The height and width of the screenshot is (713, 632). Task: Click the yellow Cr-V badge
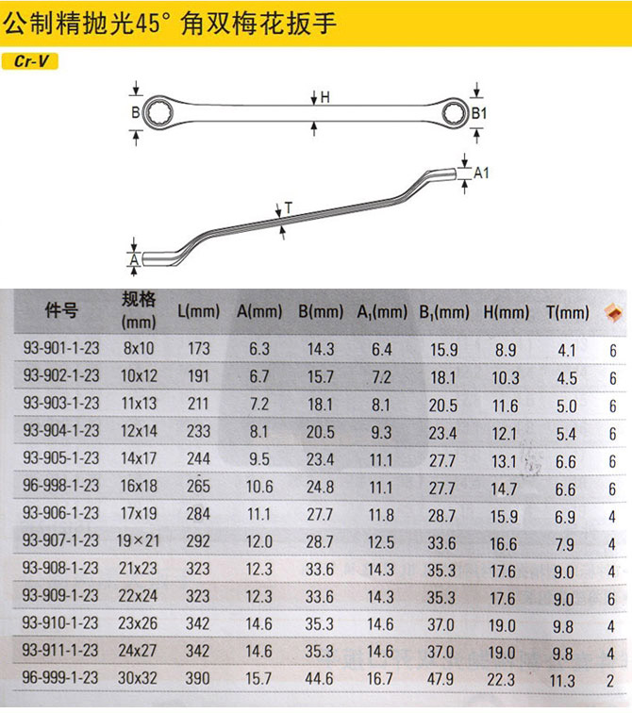pyautogui.click(x=30, y=61)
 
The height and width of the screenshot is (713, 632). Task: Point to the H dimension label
pyautogui.click(x=325, y=97)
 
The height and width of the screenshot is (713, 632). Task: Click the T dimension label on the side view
pyautogui.click(x=289, y=207)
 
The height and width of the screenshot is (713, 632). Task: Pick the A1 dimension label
pyautogui.click(x=481, y=173)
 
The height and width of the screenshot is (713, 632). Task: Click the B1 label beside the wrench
pyautogui.click(x=479, y=113)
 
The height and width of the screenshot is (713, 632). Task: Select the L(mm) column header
pyautogui.click(x=199, y=311)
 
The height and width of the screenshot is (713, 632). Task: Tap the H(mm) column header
pyautogui.click(x=506, y=312)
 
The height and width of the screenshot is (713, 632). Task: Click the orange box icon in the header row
pyautogui.click(x=613, y=312)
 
